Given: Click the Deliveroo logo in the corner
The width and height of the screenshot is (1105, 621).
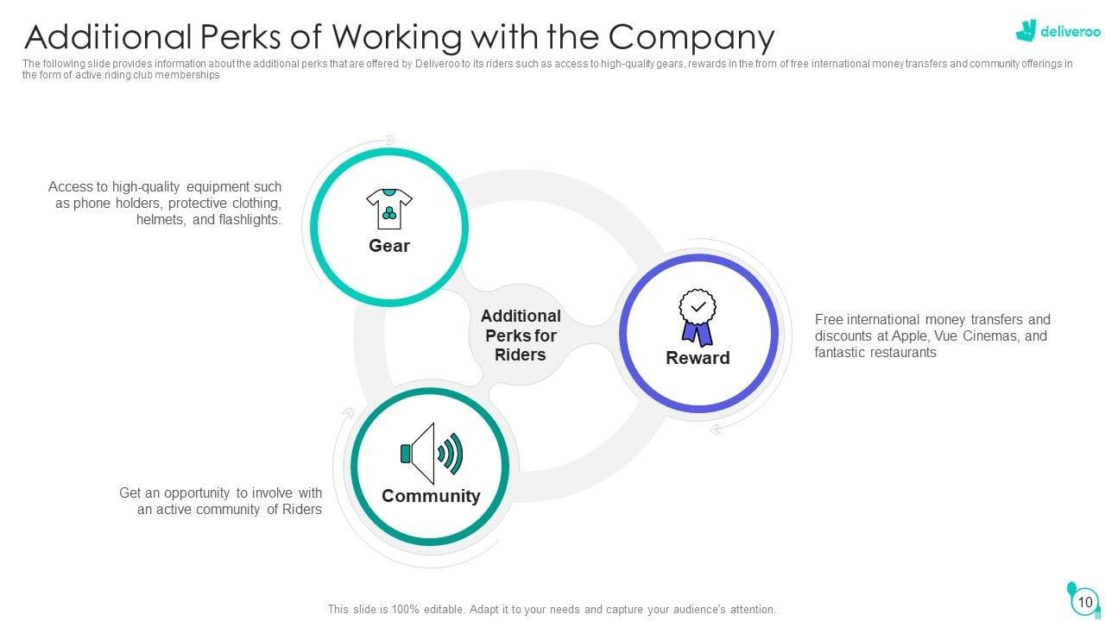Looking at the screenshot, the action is (x=1045, y=31).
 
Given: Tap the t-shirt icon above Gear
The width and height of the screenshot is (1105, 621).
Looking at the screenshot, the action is (x=389, y=209).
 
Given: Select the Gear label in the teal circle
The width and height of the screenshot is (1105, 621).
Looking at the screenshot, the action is (x=389, y=246).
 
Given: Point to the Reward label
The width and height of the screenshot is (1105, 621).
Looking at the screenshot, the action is (x=698, y=358).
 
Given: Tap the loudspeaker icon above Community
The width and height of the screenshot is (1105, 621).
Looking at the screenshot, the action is (x=431, y=453).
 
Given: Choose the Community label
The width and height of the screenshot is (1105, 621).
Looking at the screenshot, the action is (x=431, y=496).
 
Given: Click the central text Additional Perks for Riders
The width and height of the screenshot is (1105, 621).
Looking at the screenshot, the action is (x=521, y=336).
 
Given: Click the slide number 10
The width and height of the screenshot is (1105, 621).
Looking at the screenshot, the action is (x=1085, y=602).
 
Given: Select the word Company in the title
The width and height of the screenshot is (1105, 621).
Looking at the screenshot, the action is (x=691, y=37).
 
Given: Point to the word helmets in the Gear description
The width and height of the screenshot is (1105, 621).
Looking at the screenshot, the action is (x=159, y=220).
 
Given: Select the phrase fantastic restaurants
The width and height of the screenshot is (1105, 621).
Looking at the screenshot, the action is (x=875, y=352).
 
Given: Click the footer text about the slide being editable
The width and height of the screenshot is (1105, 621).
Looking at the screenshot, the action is (x=552, y=609).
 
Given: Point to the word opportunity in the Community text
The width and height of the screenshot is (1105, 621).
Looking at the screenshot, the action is (x=198, y=492).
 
